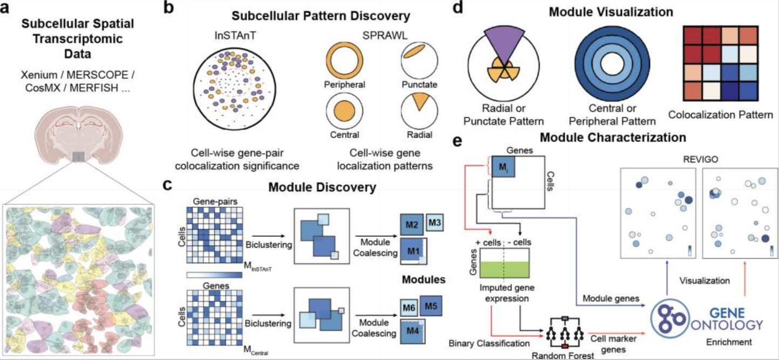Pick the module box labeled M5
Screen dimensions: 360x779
(431, 306)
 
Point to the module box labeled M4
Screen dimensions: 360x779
(413, 330)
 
